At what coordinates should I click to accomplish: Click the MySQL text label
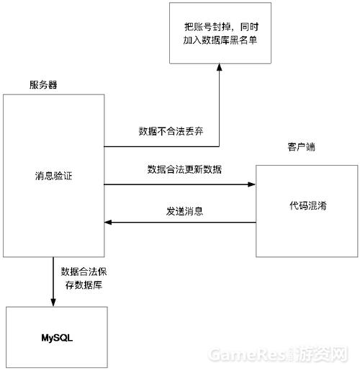pyautogui.click(x=57, y=338)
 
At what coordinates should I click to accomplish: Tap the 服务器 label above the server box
pyautogui.click(x=43, y=85)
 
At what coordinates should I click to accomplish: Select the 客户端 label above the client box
pyautogui.click(x=301, y=147)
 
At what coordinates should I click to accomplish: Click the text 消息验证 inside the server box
pyautogui.click(x=53, y=176)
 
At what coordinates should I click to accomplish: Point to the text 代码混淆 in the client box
pyautogui.click(x=308, y=205)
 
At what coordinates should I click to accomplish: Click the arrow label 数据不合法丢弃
pyautogui.click(x=171, y=131)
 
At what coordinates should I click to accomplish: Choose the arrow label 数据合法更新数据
pyautogui.click(x=184, y=169)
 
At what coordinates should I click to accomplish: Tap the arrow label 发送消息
pyautogui.click(x=184, y=211)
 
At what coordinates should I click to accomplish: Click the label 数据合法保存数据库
pyautogui.click(x=84, y=278)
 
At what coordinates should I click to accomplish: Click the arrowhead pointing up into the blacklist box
pyautogui.click(x=219, y=67)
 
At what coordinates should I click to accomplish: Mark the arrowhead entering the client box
pyautogui.click(x=251, y=184)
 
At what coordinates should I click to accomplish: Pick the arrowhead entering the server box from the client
pyautogui.click(x=108, y=223)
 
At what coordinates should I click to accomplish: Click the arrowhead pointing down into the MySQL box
pyautogui.click(x=53, y=303)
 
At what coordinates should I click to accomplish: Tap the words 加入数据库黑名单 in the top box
pyautogui.click(x=220, y=40)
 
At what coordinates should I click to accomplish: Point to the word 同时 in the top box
pyautogui.click(x=249, y=27)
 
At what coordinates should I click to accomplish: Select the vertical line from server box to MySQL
pyautogui.click(x=53, y=279)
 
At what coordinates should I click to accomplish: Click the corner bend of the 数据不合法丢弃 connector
pyautogui.click(x=219, y=146)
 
